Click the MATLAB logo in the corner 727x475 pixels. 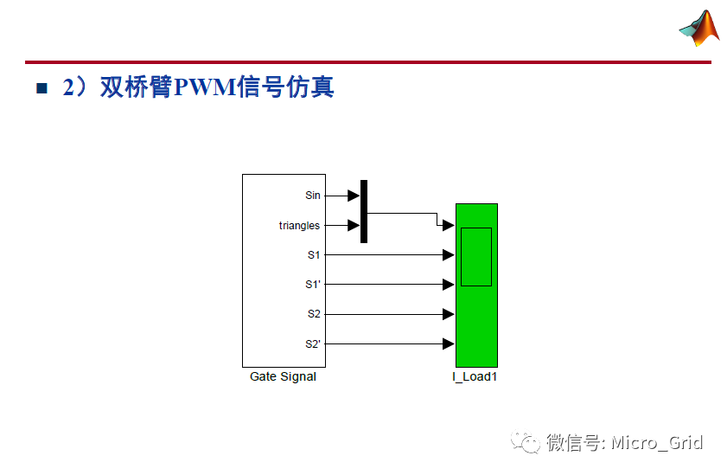click(x=699, y=28)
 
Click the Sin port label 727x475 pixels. click(x=313, y=196)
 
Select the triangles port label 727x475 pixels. click(x=299, y=226)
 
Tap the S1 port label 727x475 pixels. click(x=314, y=255)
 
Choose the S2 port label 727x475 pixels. click(x=314, y=314)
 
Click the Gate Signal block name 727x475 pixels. click(x=283, y=376)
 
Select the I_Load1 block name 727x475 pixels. click(x=475, y=376)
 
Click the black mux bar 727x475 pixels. click(x=364, y=211)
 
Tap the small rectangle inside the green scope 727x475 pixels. click(x=475, y=256)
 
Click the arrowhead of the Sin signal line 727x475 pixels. click(x=354, y=196)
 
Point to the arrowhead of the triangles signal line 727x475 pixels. click(x=354, y=226)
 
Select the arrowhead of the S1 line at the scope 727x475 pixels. click(x=449, y=255)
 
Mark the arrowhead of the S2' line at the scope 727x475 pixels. click(x=449, y=343)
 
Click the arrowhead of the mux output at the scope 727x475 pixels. click(x=449, y=226)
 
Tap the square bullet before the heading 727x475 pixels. click(x=41, y=89)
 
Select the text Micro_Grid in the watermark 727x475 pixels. click(x=657, y=443)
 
